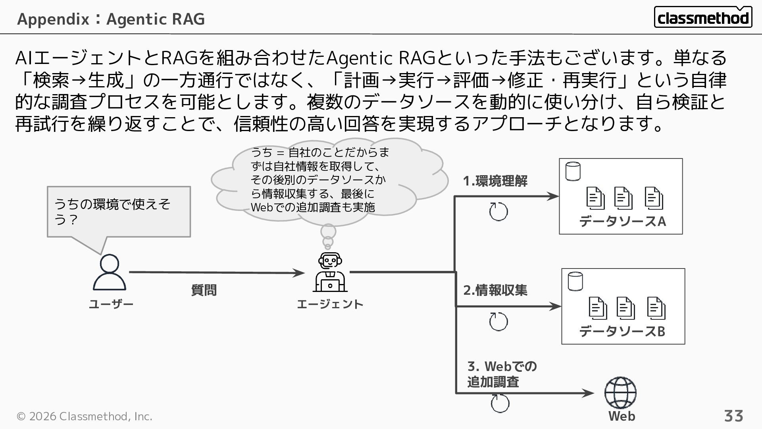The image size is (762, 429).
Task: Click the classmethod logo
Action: click(702, 17)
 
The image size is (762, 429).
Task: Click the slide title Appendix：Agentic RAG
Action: click(111, 19)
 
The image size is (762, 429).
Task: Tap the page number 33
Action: click(733, 416)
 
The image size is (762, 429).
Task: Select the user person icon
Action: click(110, 272)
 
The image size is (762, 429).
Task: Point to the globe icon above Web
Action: click(620, 392)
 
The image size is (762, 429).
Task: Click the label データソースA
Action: click(622, 221)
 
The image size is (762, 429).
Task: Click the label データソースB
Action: click(622, 331)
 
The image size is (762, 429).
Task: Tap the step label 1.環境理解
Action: click(495, 181)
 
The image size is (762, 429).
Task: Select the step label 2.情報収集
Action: click(495, 290)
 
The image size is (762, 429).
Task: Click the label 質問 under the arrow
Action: click(204, 290)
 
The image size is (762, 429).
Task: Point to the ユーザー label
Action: click(111, 304)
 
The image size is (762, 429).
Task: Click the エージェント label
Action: click(330, 304)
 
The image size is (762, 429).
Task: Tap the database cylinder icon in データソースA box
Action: click(573, 171)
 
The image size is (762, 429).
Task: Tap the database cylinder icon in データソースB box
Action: click(575, 281)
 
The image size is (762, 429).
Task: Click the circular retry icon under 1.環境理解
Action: click(498, 211)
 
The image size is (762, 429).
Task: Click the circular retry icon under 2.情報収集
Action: click(498, 321)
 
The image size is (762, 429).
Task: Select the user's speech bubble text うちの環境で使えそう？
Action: click(112, 212)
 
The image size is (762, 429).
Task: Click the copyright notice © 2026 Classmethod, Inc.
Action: click(84, 416)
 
